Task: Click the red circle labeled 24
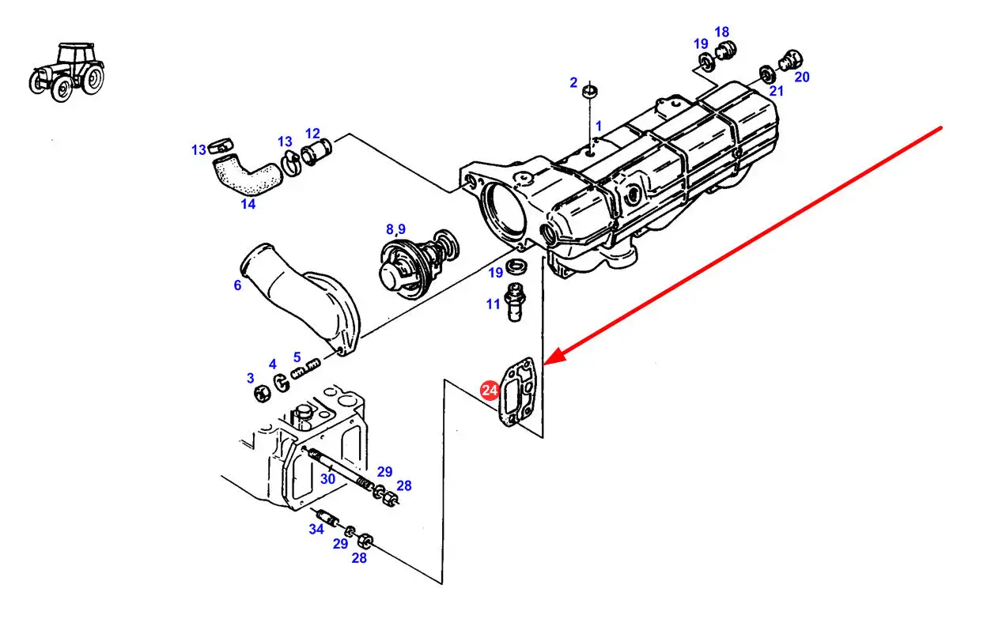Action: pos(490,390)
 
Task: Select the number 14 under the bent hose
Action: pos(248,204)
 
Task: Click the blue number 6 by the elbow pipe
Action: pos(237,285)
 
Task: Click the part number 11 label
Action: pos(493,304)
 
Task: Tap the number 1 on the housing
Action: pos(599,126)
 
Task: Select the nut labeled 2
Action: pos(589,92)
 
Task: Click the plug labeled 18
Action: pos(724,52)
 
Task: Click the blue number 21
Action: pos(776,91)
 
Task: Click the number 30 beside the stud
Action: pos(328,478)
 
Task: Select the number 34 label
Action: pos(316,529)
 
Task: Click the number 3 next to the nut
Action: pos(250,378)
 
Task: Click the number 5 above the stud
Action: pos(297,357)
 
